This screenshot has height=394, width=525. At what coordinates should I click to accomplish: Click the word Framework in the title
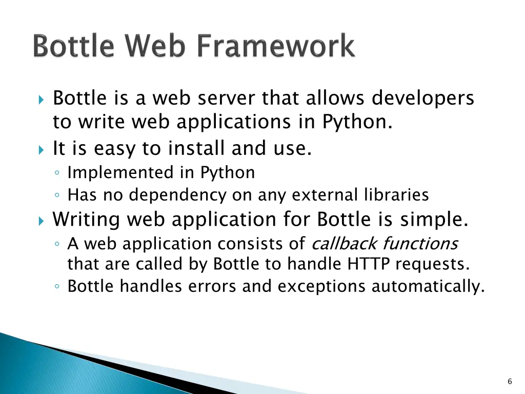[x=276, y=47]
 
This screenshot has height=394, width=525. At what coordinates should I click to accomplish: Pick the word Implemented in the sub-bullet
[x=121, y=173]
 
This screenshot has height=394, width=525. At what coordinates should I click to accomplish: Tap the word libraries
[x=396, y=195]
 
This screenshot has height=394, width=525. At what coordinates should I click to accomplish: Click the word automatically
[x=428, y=286]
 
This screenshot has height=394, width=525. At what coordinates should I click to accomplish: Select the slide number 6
[x=509, y=381]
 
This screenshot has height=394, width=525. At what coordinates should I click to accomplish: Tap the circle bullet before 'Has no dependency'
[x=58, y=196]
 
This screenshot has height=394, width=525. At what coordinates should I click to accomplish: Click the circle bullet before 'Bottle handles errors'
[x=58, y=287]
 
